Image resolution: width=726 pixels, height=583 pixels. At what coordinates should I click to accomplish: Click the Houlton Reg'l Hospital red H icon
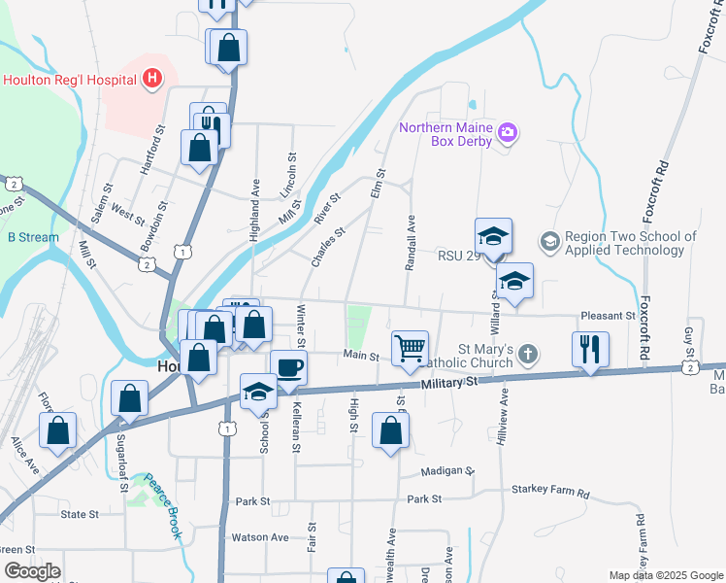coord(152,79)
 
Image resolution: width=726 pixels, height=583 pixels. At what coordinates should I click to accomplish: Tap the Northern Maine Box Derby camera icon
coord(507,132)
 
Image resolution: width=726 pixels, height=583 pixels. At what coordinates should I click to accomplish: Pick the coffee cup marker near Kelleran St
coord(289,368)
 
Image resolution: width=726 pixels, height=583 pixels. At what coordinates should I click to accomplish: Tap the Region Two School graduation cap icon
coord(549,239)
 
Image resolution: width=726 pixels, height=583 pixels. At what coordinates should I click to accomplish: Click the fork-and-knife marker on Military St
coord(591,348)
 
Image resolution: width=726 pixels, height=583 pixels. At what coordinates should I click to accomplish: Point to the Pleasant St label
coord(607,316)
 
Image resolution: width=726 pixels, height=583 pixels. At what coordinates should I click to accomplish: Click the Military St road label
coord(450,384)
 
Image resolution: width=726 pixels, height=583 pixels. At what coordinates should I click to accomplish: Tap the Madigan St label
coord(447,471)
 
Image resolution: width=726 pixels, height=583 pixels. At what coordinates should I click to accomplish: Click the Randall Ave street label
coord(411,242)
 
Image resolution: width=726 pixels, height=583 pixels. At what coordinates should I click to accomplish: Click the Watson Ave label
coord(259,536)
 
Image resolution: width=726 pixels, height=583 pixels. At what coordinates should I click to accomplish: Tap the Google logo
coord(32,571)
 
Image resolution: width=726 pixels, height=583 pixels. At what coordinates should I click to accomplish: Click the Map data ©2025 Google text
coord(665,575)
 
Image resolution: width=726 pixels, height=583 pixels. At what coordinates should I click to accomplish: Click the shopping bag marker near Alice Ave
coord(58,430)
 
